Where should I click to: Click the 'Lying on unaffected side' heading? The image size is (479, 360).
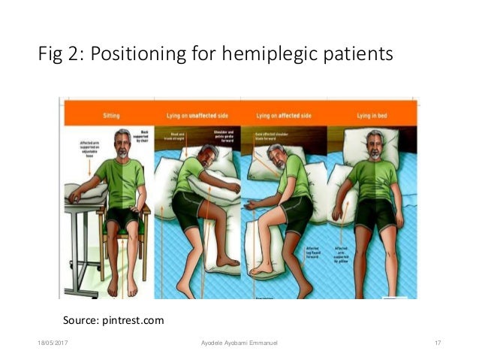(197, 116)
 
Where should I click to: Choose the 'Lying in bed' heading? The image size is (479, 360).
(372, 116)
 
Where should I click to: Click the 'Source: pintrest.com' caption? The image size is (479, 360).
(113, 321)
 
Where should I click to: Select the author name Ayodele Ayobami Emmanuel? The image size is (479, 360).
(239, 343)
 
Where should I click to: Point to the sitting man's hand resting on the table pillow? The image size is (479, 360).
(74, 198)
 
